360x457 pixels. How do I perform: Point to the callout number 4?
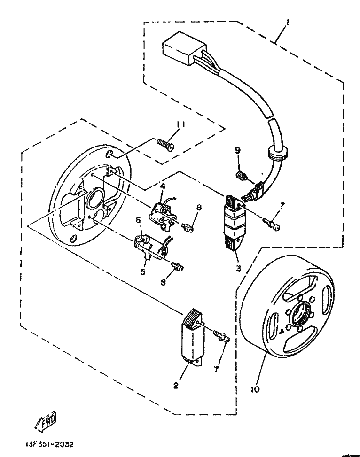click(162, 187)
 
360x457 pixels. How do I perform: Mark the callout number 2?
click(175, 387)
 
